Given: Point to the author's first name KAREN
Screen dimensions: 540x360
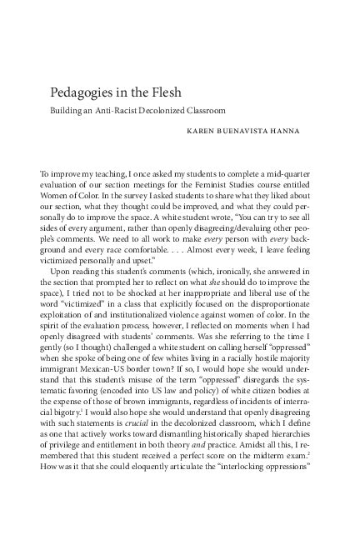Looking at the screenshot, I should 207,131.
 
